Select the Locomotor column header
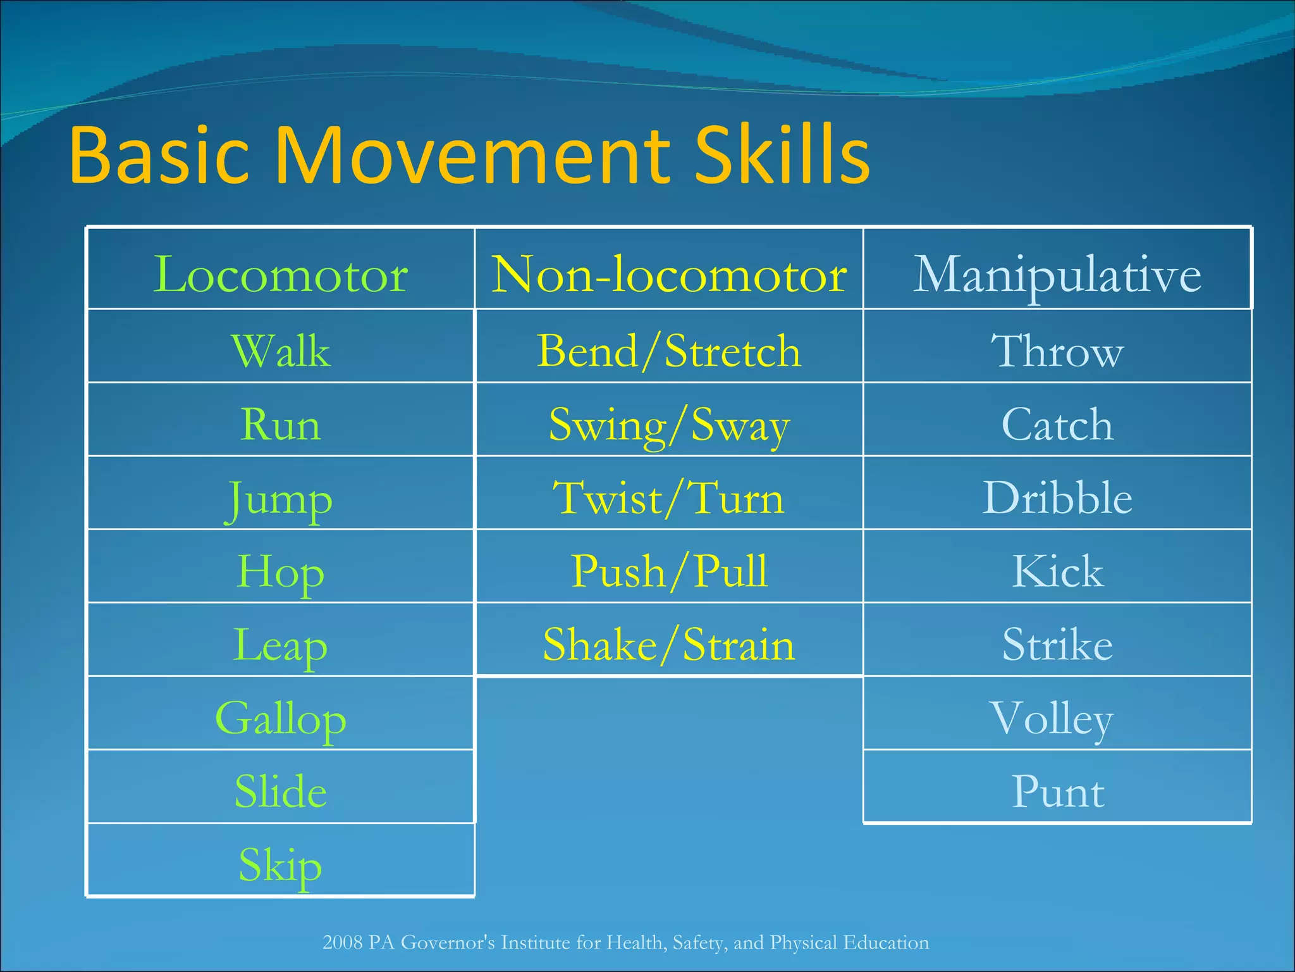(280, 275)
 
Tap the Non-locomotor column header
(669, 275)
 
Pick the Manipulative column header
(1057, 275)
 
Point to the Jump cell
(280, 499)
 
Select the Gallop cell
(280, 719)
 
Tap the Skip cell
(280, 865)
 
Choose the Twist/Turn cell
(669, 497)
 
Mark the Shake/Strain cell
(669, 644)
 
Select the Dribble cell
(1057, 497)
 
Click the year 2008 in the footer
(342, 943)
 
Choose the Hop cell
(280, 571)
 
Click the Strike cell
(1057, 644)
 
